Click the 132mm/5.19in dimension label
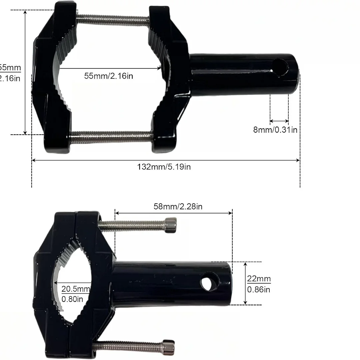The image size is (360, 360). (164, 167)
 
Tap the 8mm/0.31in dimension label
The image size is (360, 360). (275, 130)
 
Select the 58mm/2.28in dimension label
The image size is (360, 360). (178, 207)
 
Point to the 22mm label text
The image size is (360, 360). (259, 279)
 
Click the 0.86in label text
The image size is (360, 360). (259, 289)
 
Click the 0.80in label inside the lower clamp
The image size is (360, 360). (72, 299)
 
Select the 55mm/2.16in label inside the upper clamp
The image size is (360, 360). (109, 76)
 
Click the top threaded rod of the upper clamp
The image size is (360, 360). (113, 20)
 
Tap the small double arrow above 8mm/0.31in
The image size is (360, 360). (279, 121)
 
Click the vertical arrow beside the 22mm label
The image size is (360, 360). (245, 283)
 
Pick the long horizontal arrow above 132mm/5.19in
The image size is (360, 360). (166, 160)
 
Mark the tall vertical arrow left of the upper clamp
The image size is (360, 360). (25, 72)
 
